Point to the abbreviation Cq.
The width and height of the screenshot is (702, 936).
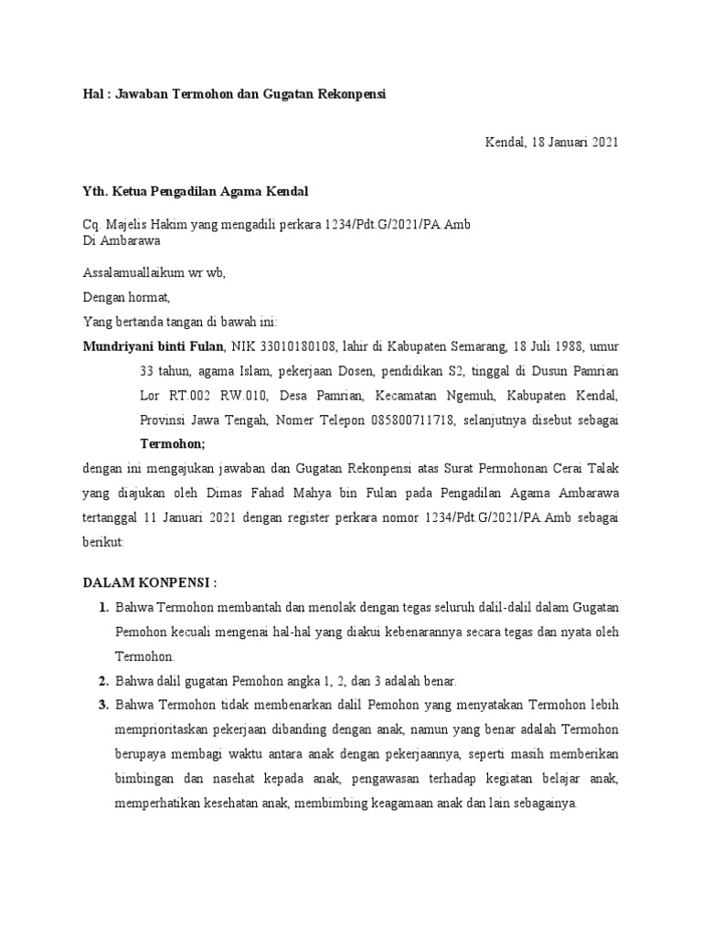click(x=91, y=225)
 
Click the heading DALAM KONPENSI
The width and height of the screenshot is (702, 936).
click(x=150, y=583)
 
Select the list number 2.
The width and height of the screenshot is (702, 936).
click(x=102, y=681)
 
